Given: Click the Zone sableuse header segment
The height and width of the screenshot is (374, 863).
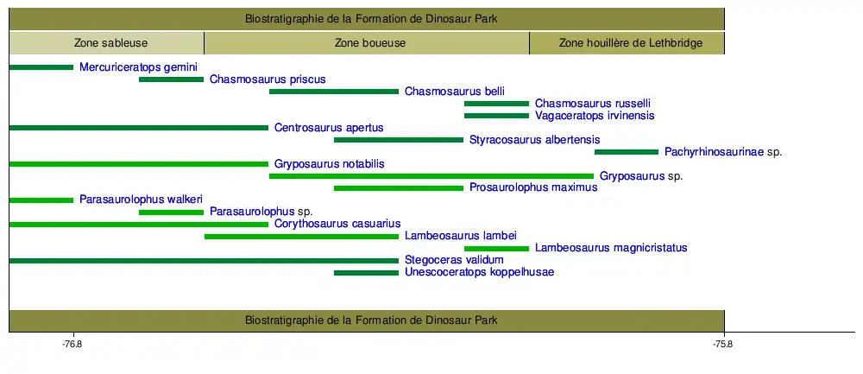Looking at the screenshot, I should tap(106, 42).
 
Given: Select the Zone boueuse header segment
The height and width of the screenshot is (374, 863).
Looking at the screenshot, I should tap(367, 42).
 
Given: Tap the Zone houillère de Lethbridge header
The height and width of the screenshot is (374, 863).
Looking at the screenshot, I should tap(627, 42).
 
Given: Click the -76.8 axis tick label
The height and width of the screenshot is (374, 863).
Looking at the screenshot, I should tap(72, 345).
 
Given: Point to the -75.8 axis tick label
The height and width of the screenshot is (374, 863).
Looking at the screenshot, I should tap(723, 345).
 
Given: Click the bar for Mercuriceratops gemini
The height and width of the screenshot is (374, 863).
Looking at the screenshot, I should tap(41, 67).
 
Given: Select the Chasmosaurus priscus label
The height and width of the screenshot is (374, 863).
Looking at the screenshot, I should tap(268, 79).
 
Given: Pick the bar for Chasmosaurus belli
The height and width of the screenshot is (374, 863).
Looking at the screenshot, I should tap(334, 91).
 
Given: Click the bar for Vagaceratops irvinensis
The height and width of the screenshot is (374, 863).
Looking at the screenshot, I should tap(496, 115).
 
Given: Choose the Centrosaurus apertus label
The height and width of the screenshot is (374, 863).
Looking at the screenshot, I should tap(329, 128).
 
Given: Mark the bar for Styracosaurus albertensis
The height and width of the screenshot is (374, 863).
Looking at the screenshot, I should tap(399, 139).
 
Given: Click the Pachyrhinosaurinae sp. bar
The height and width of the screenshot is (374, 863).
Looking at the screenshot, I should tap(627, 151).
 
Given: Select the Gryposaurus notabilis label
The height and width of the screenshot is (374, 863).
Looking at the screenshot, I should tap(330, 164).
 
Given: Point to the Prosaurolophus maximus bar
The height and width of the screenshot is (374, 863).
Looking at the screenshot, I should tap(399, 187).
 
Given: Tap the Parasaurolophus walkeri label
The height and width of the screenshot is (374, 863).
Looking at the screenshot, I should tap(141, 200).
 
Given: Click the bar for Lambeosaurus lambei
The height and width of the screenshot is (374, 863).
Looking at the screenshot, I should tap(301, 236).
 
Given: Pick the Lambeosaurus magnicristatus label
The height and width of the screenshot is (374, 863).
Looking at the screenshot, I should tap(611, 248).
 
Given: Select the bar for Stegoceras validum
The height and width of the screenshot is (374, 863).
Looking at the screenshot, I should tap(204, 260).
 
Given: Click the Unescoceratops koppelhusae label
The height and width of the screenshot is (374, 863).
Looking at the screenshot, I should tap(479, 272).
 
